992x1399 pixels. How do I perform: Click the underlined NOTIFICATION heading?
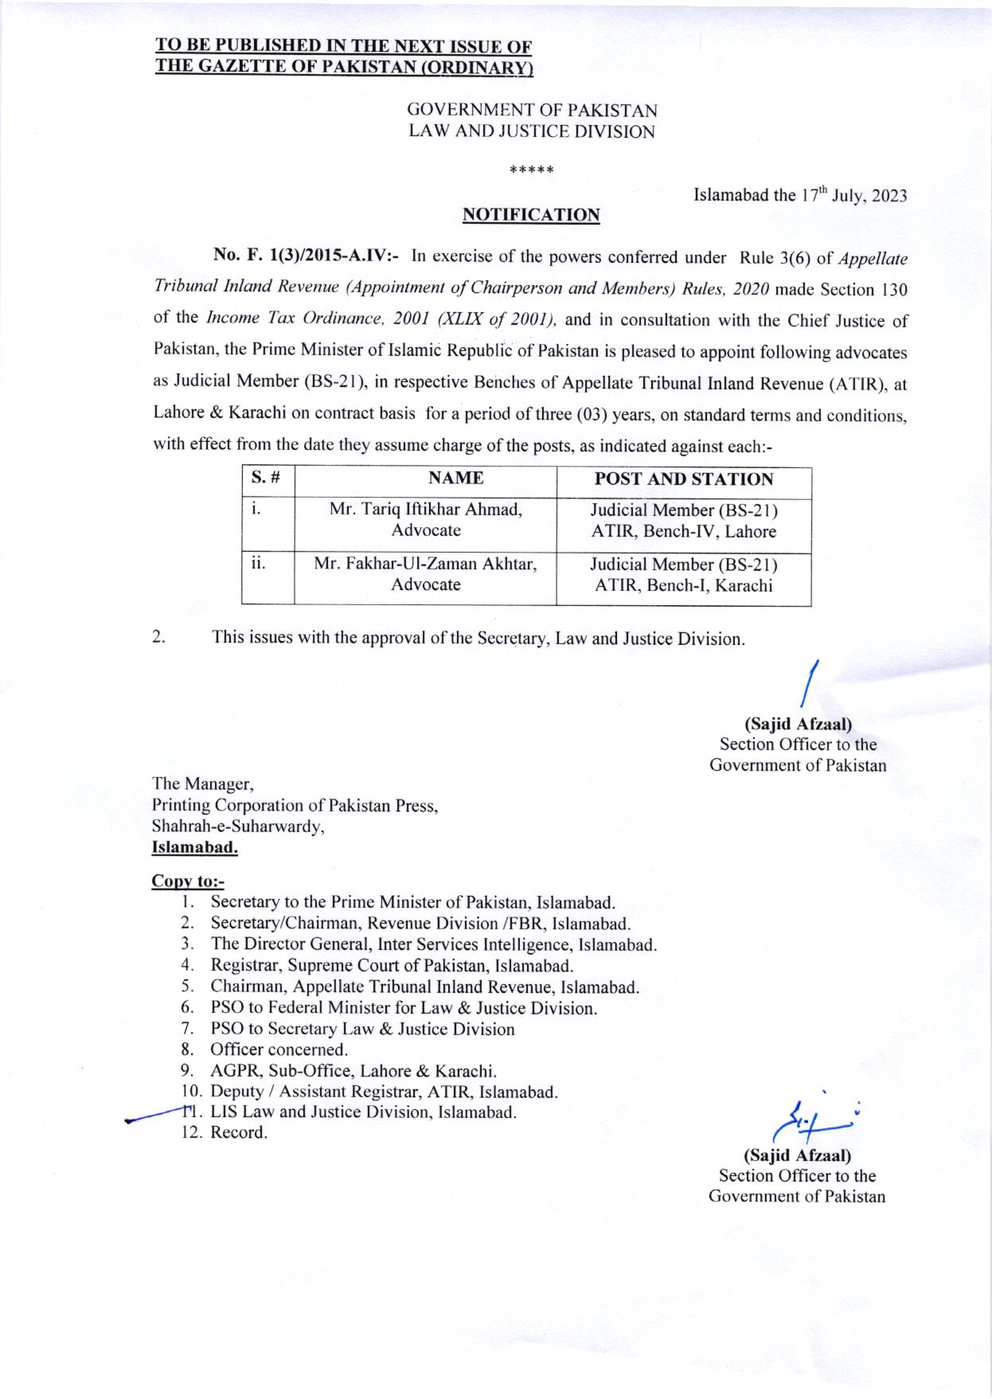point(531,215)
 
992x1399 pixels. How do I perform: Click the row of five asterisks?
point(531,170)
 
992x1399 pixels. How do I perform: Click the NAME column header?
point(455,479)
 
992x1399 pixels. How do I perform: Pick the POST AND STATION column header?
point(684,479)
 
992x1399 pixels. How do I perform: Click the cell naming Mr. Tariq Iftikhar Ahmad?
point(426,520)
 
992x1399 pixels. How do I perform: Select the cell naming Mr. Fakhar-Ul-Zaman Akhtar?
point(426,574)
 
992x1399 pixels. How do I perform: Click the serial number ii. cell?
point(258,565)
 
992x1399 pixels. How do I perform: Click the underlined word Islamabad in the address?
point(195,848)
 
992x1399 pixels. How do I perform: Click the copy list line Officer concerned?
point(279,1050)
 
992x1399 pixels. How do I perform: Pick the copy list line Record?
point(238,1133)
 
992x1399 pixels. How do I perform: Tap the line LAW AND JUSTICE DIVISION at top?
point(531,132)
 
